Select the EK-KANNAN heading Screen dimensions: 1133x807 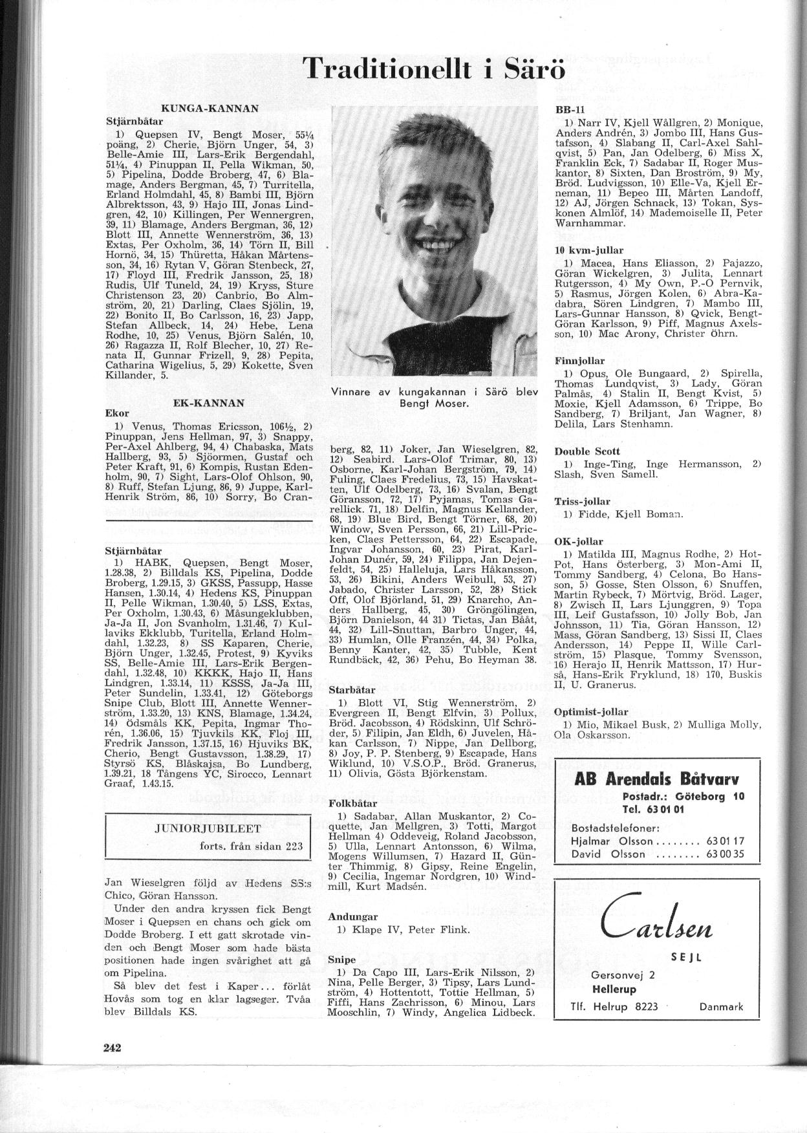208,403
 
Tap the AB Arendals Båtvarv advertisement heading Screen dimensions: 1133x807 656,779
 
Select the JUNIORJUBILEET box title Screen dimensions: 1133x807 208,828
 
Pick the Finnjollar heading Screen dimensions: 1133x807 579,361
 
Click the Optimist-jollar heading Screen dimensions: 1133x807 592,711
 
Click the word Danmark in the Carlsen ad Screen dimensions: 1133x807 721,1006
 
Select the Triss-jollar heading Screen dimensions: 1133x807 582,501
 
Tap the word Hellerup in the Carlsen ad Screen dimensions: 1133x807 614,989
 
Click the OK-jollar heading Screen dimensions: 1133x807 578,541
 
